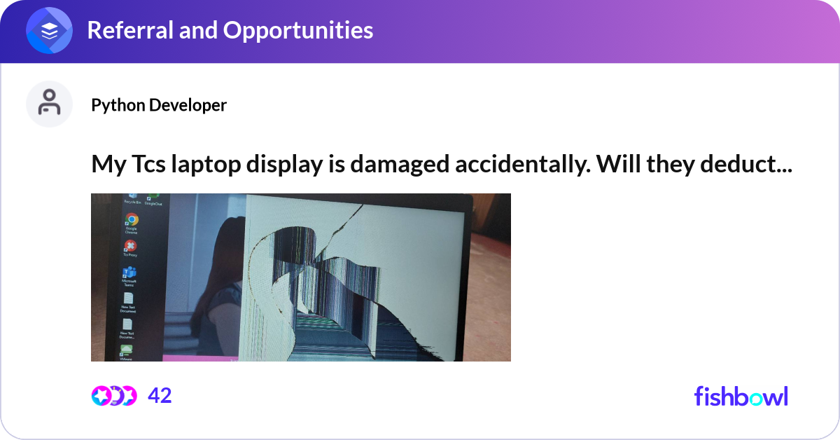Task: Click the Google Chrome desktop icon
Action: [x=131, y=221]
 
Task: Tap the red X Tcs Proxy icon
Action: [x=129, y=246]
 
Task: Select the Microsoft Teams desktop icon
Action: [x=129, y=273]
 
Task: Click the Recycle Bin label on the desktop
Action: [x=132, y=201]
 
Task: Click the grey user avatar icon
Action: [x=50, y=104]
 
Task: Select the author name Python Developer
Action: [x=159, y=105]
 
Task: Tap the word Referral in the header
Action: [x=127, y=30]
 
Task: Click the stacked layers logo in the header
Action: [x=50, y=31]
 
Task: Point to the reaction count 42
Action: [x=160, y=396]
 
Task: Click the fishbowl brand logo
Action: [x=741, y=396]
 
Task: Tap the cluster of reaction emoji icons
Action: [x=113, y=396]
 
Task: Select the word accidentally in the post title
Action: [x=533, y=165]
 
